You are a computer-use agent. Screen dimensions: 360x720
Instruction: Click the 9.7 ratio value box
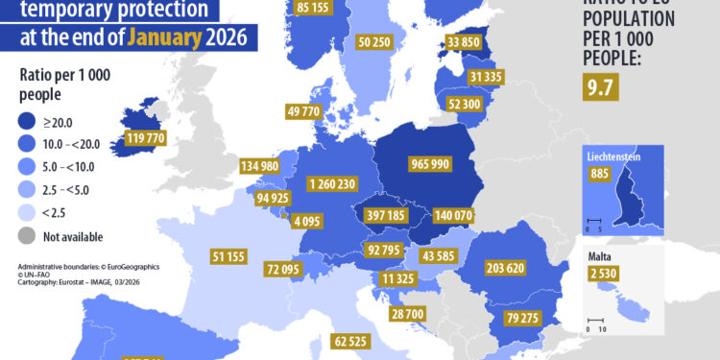pos(600,90)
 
